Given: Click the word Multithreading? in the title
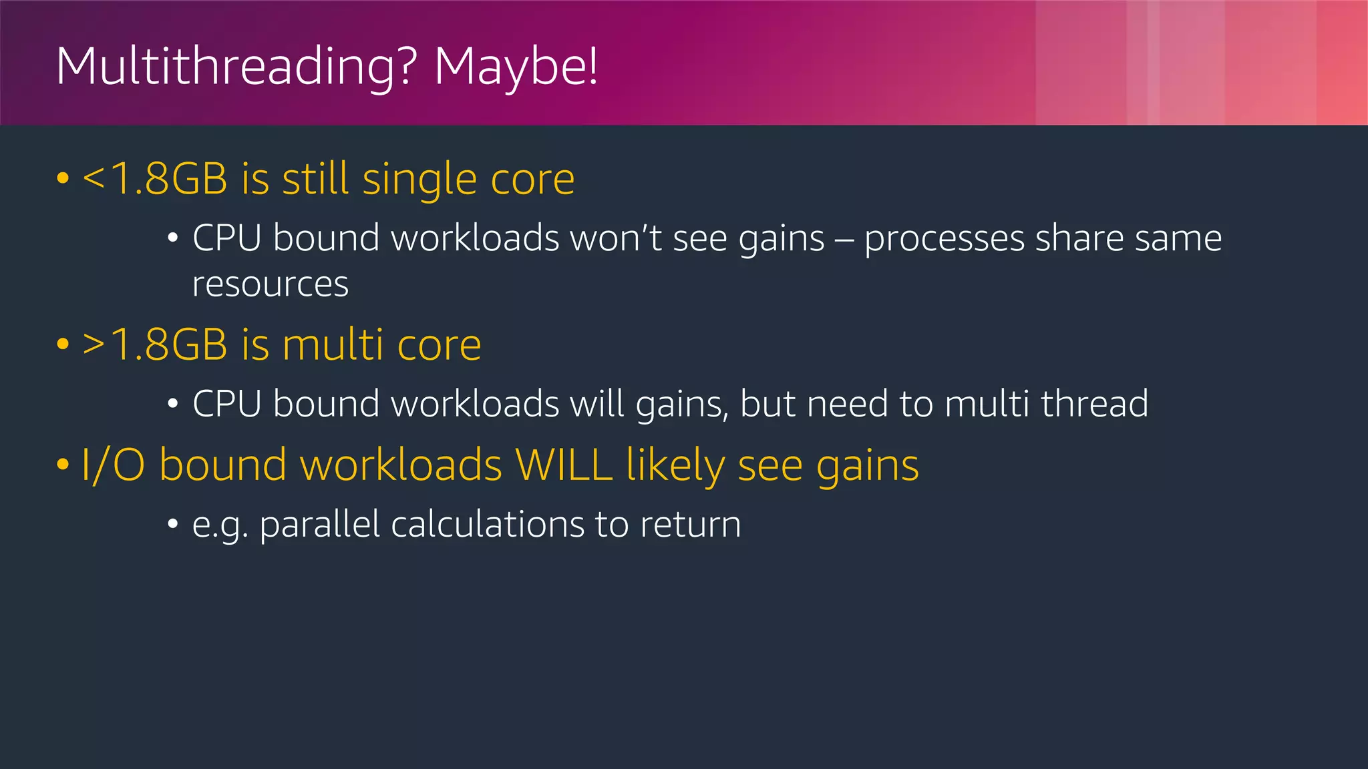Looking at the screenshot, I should coord(236,67).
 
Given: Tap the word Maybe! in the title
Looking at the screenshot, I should coord(516,67).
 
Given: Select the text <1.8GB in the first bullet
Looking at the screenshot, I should coord(154,179).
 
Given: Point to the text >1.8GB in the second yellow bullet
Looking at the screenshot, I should coord(154,345).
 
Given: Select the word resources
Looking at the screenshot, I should coord(271,284).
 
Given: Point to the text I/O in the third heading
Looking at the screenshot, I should coord(112,465).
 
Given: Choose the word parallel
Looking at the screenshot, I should coord(319,525).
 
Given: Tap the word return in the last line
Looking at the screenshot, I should coord(690,525).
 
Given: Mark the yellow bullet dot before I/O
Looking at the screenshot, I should coord(63,465).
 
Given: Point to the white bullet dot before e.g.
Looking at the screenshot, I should coord(173,524).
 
